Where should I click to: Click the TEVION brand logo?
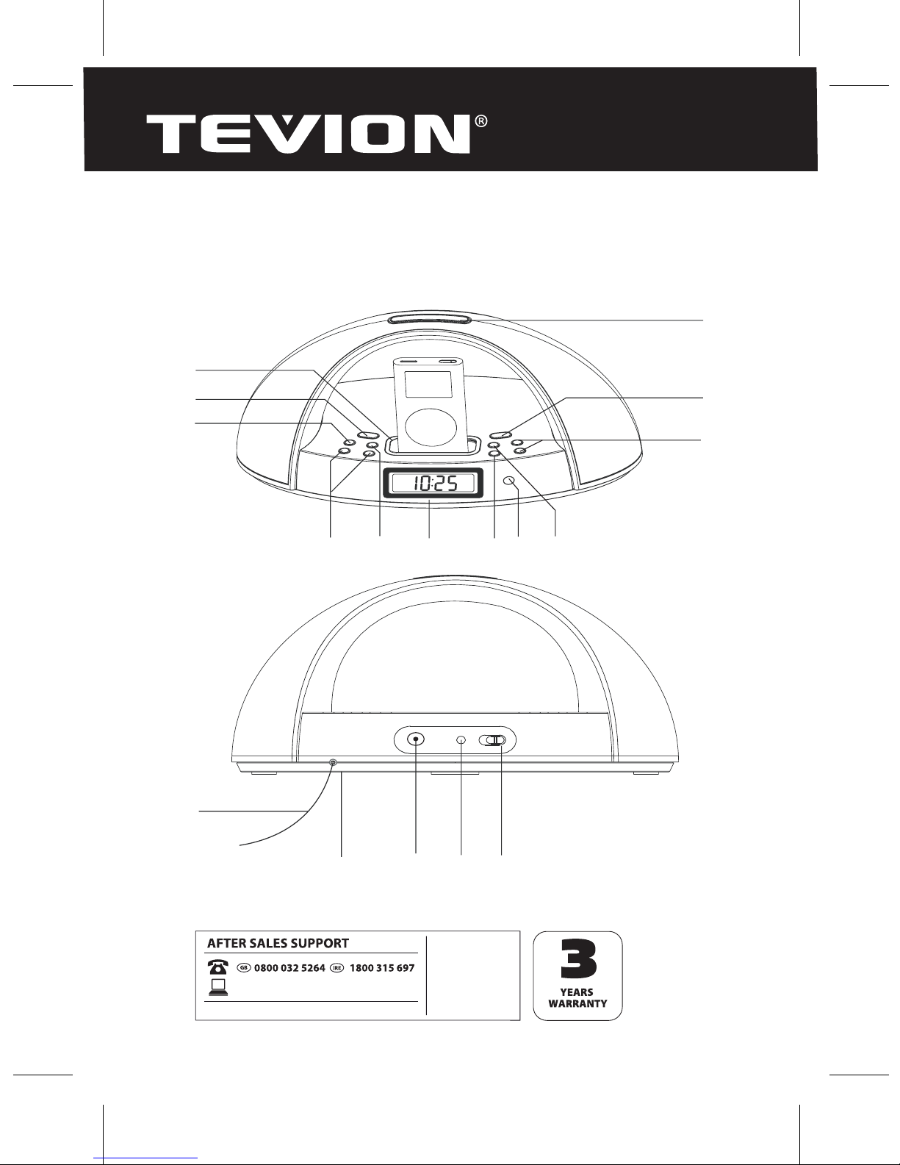coord(307,134)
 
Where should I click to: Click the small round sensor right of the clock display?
coord(510,481)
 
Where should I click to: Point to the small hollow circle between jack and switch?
coord(461,740)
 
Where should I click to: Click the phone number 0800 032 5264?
coord(289,968)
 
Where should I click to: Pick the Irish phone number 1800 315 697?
coord(382,968)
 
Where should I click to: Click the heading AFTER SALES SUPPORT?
coord(278,943)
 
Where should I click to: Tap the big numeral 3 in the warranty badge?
coord(578,960)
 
